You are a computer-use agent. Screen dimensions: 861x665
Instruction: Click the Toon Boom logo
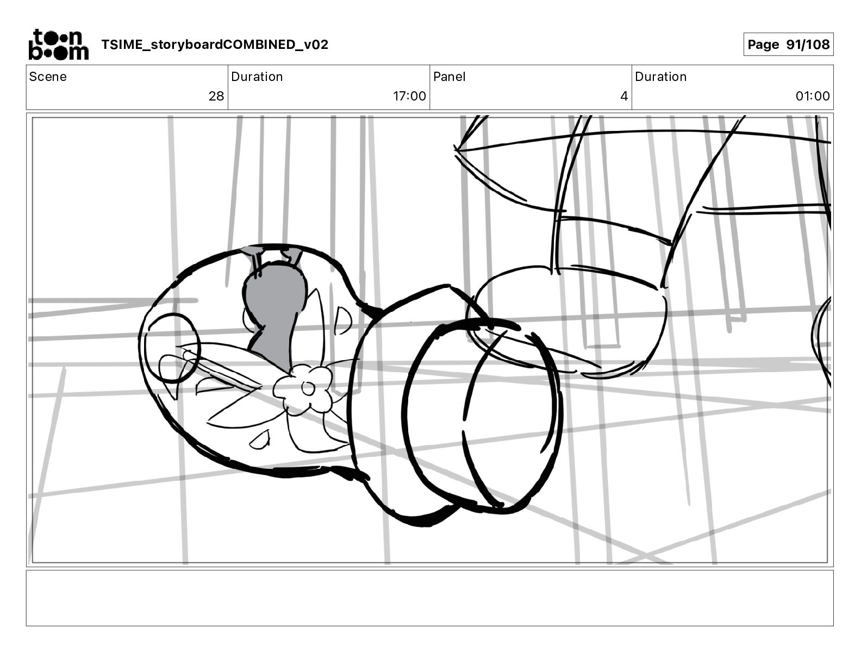[x=58, y=45]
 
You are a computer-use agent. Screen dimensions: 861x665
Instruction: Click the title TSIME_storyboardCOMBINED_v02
[x=215, y=45]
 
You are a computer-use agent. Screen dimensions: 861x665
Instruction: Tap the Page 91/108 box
[x=788, y=45]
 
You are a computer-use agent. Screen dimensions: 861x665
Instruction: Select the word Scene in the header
[x=47, y=77]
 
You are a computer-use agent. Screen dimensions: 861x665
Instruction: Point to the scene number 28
[x=216, y=96]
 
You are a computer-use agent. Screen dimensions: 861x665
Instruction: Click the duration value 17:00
[x=409, y=96]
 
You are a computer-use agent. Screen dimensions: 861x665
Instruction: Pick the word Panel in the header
[x=449, y=77]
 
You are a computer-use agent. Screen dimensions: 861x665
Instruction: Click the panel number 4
[x=624, y=96]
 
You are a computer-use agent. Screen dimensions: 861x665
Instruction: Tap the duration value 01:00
[x=813, y=96]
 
